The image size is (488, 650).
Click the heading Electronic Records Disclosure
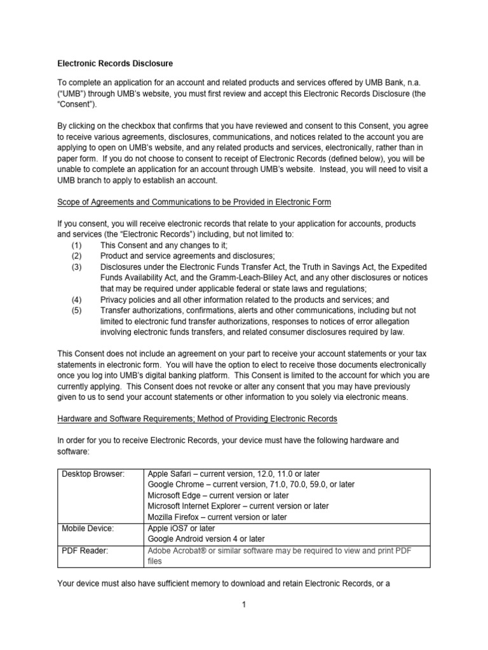[114, 63]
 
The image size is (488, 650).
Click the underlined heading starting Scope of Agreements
[194, 202]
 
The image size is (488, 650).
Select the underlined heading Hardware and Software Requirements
[197, 419]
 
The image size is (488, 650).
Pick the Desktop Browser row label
[93, 474]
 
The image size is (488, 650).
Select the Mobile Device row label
[88, 527]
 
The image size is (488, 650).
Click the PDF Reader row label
[85, 550]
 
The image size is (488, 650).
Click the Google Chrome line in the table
[250, 484]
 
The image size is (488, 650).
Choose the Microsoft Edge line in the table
[218, 495]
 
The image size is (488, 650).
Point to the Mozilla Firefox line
[217, 517]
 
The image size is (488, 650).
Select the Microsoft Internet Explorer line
[238, 506]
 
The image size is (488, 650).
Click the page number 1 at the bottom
[243, 605]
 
